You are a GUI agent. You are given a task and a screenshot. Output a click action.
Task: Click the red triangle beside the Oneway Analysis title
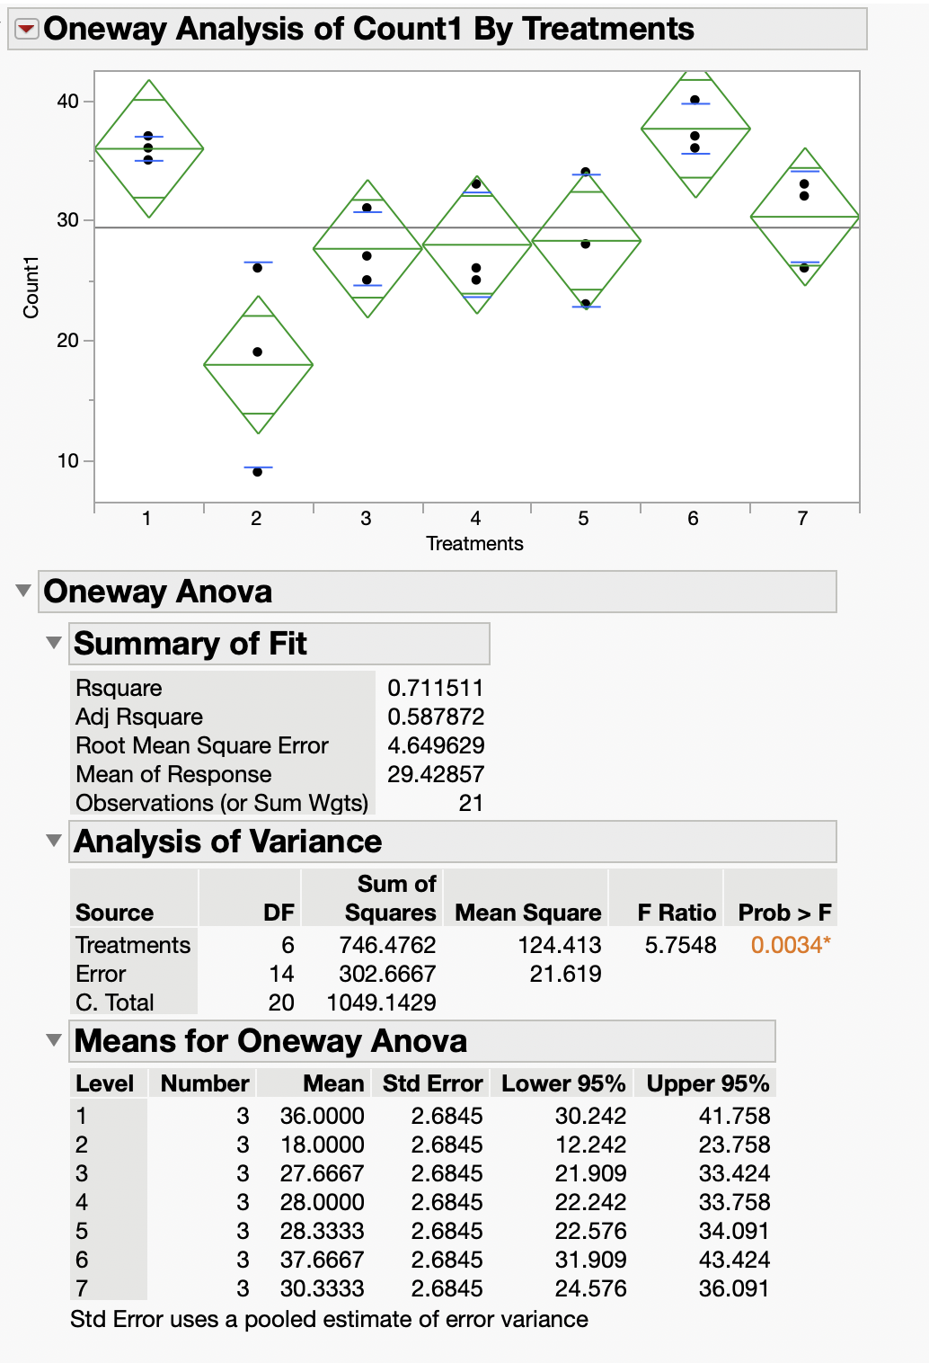tap(27, 30)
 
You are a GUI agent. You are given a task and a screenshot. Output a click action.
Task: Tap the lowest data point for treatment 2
tap(257, 471)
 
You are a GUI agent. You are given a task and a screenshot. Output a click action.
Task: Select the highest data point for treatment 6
tap(695, 100)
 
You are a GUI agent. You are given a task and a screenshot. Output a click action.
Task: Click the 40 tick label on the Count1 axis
tap(68, 101)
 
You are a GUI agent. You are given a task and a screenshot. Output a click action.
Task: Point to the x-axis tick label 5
tap(584, 519)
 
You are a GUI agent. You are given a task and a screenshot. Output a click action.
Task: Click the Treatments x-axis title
tap(474, 543)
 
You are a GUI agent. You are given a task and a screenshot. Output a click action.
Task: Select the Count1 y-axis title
tap(31, 287)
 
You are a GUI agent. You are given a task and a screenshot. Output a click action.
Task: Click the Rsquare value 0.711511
tap(435, 688)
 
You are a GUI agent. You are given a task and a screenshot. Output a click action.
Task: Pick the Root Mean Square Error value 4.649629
tap(435, 745)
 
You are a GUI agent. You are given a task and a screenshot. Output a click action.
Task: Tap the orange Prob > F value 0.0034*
tap(790, 945)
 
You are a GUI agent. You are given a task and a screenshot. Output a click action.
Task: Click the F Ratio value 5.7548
tap(680, 945)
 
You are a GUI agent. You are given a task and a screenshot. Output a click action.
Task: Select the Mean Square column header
tap(527, 913)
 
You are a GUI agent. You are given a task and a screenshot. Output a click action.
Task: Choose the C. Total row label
tap(114, 1002)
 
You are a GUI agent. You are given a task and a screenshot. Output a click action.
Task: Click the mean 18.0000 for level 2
tap(322, 1145)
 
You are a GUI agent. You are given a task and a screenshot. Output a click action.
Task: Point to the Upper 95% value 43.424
tap(733, 1260)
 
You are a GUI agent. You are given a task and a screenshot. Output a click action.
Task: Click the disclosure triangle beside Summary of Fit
tap(54, 643)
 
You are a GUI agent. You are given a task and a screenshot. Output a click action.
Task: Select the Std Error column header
tap(432, 1083)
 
